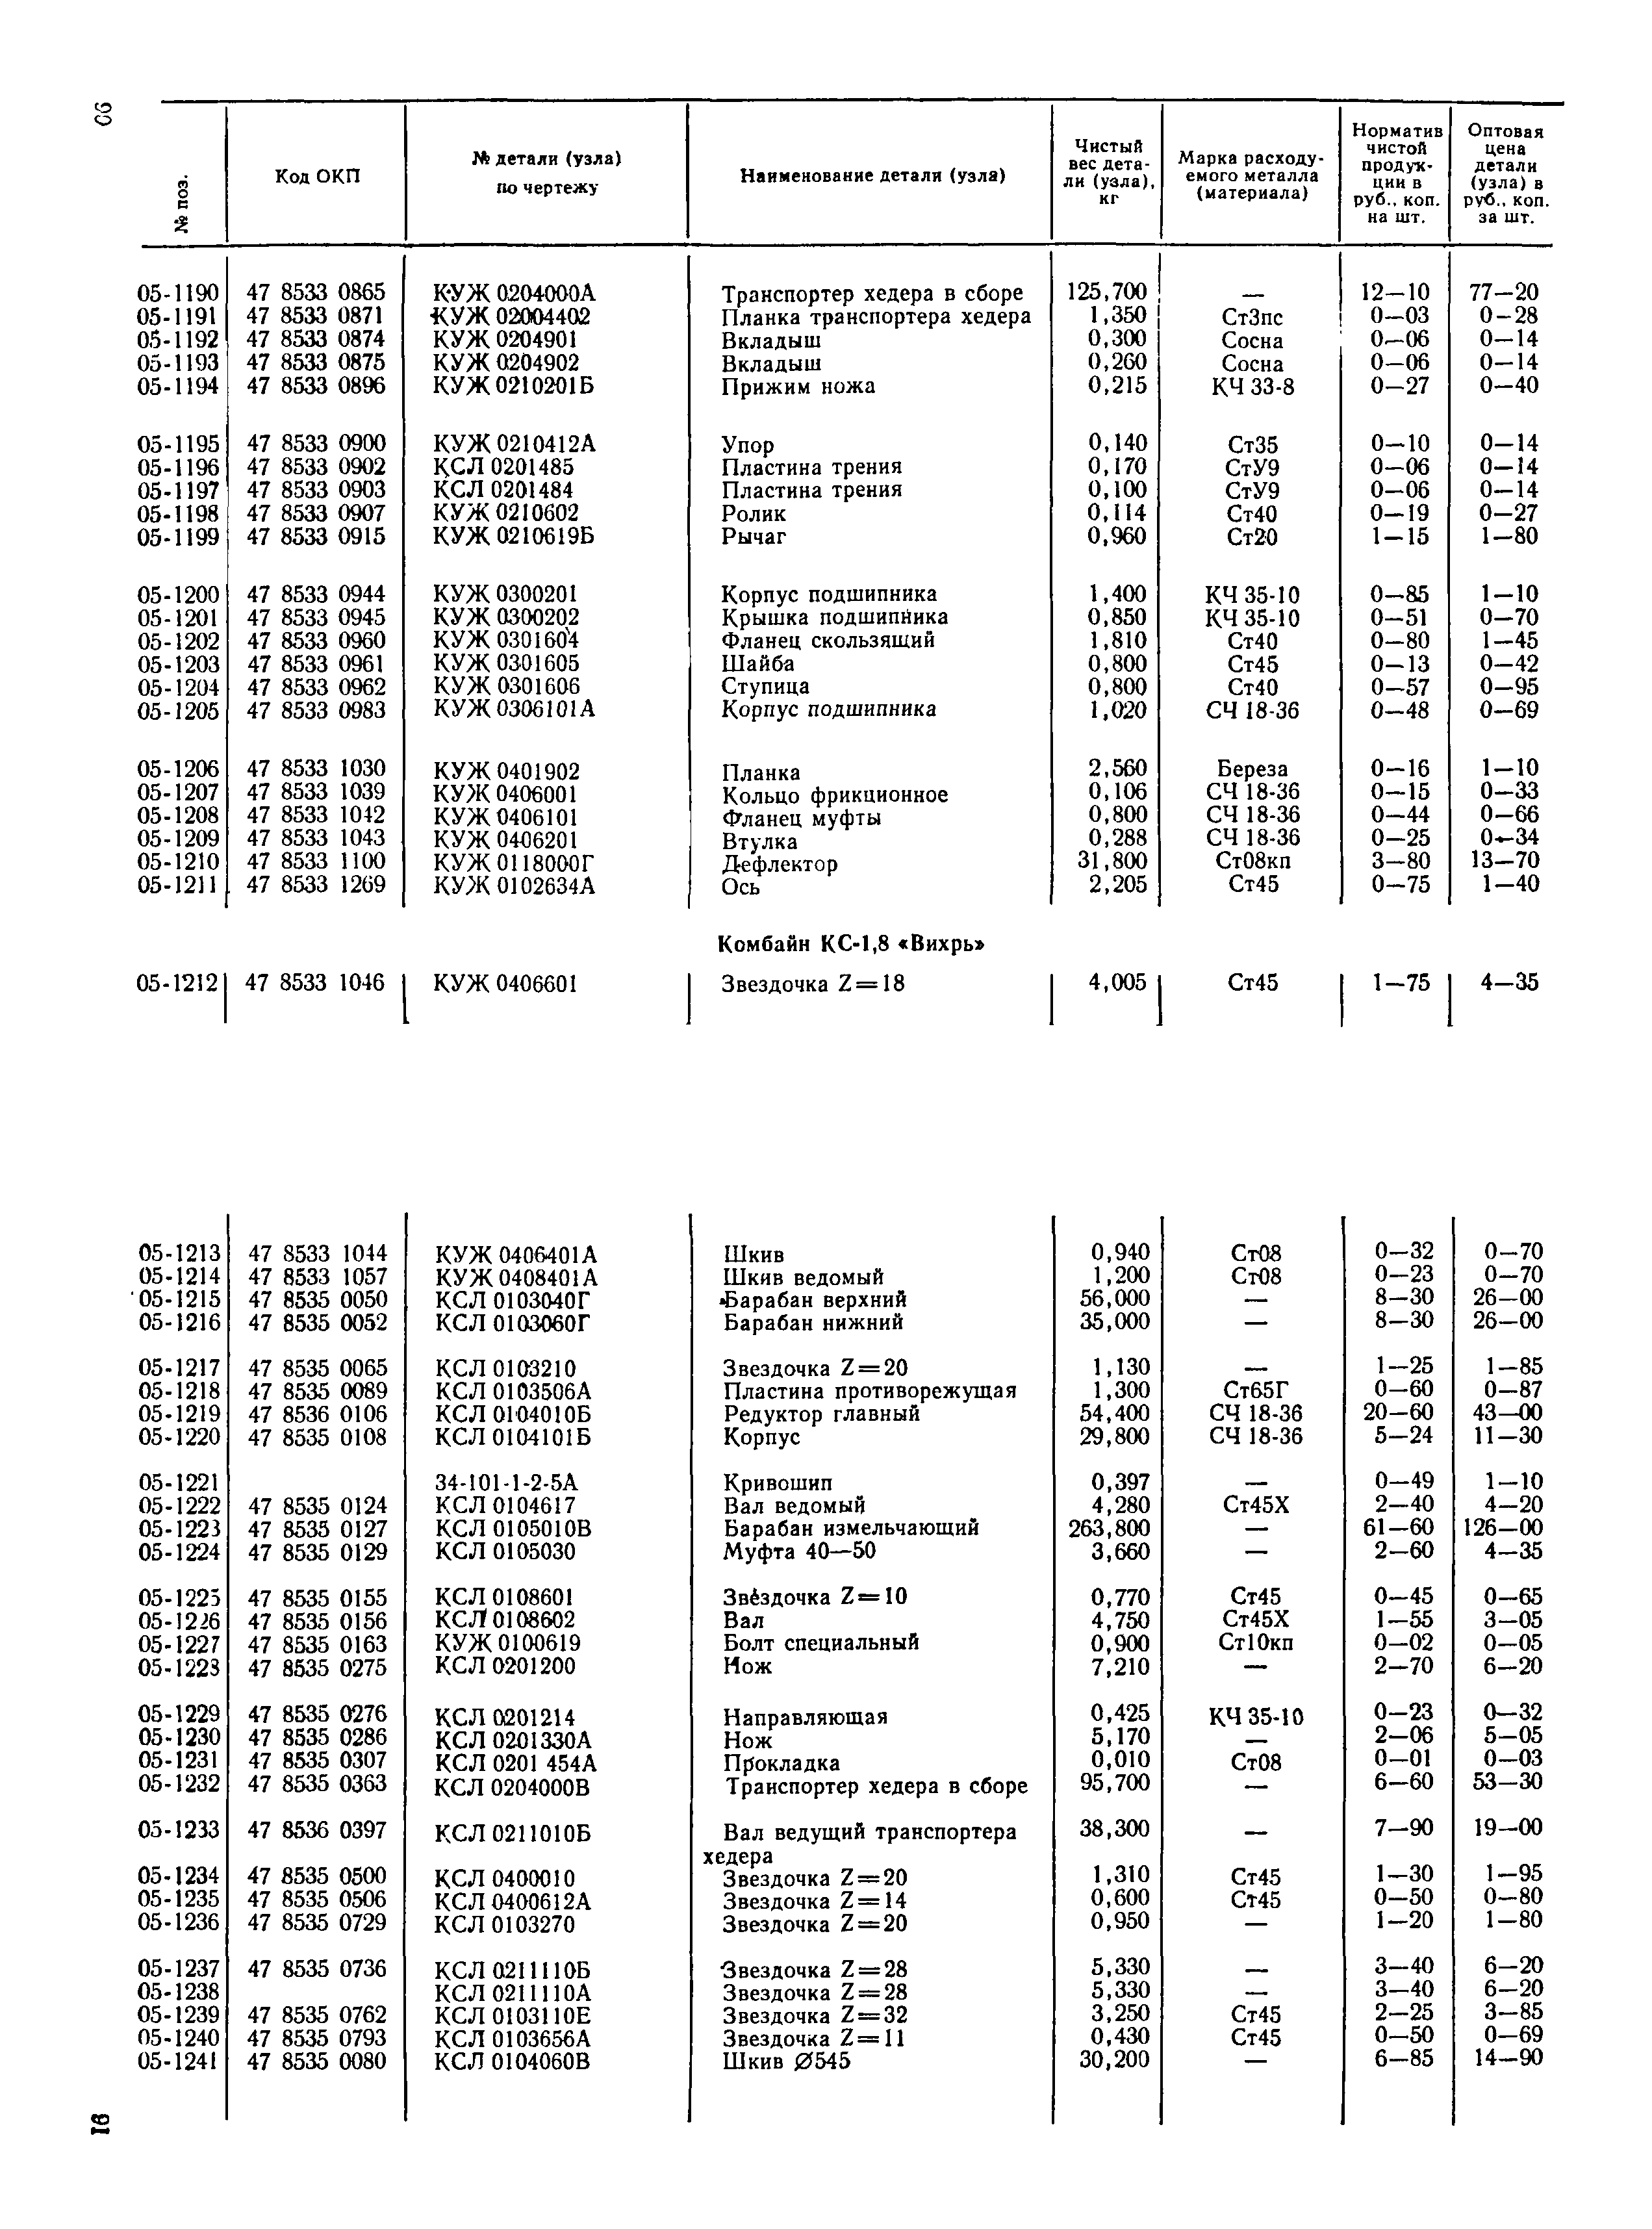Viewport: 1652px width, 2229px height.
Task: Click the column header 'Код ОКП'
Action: point(317,177)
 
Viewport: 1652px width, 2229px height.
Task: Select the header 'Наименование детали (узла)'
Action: point(872,176)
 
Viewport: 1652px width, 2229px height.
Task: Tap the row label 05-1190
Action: point(178,293)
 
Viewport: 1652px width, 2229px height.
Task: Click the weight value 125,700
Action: point(1107,292)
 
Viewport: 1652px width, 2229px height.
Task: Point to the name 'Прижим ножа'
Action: point(798,386)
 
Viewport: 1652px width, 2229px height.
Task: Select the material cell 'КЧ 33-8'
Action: point(1252,387)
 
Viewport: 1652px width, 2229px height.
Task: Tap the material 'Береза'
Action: point(1252,769)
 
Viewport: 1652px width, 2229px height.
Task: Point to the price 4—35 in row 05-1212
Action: point(1509,982)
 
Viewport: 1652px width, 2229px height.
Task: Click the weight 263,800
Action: point(1109,1528)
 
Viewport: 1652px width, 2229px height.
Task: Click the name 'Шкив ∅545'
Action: point(786,2061)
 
